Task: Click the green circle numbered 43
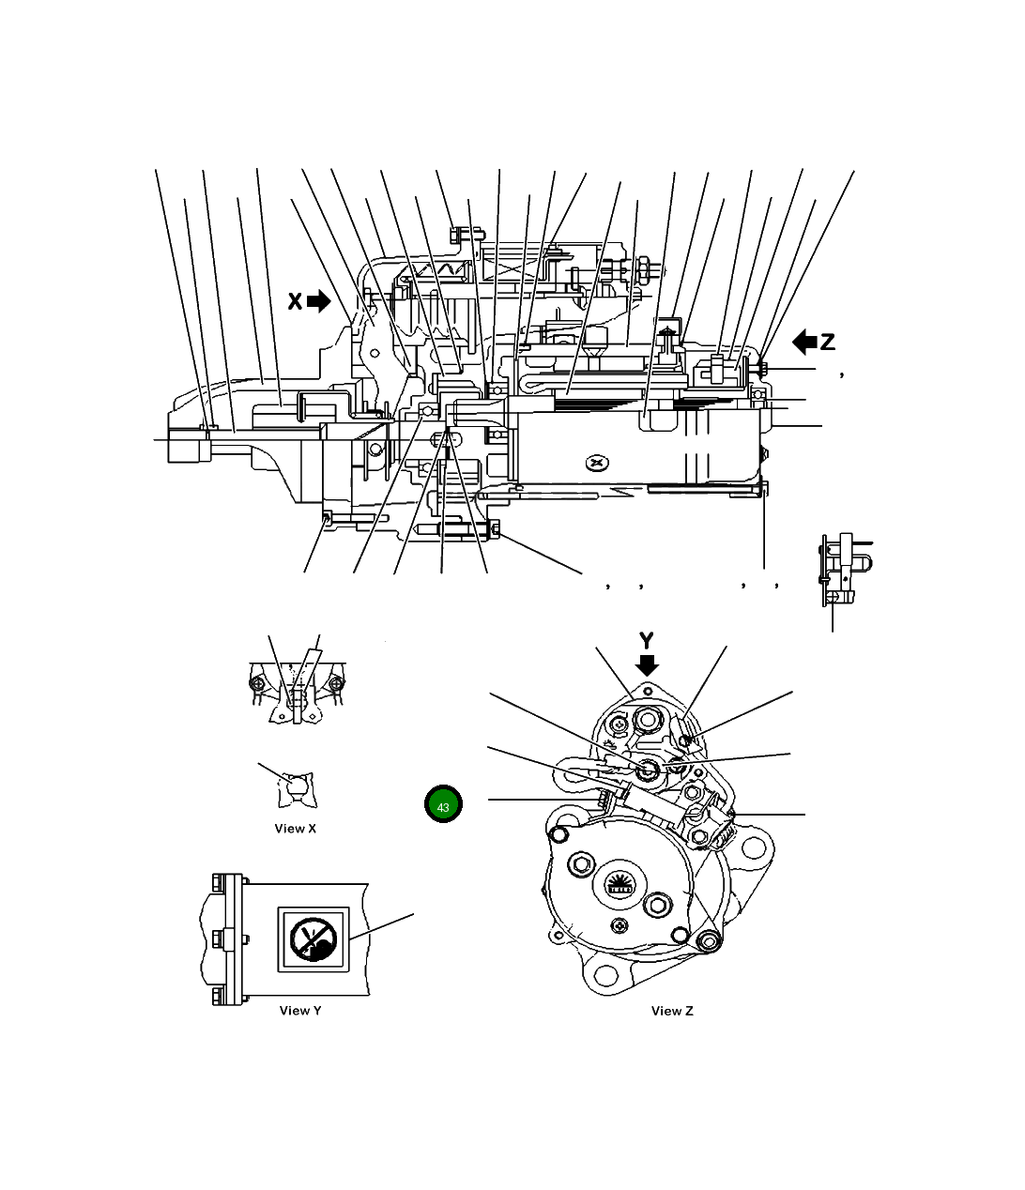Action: [443, 806]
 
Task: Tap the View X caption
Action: [295, 829]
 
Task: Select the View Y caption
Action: [300, 1011]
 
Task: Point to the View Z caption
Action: [672, 1011]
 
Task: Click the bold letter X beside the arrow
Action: [295, 301]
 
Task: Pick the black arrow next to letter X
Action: [319, 301]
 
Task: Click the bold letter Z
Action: [827, 343]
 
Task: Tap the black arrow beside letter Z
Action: [804, 343]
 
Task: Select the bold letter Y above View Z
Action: [647, 641]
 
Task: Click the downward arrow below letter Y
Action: [647, 664]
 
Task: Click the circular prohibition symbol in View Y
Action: [313, 938]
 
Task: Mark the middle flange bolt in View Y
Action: [218, 938]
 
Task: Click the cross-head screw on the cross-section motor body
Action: [597, 462]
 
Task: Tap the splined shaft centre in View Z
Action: [619, 884]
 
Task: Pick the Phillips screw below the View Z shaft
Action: [620, 926]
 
